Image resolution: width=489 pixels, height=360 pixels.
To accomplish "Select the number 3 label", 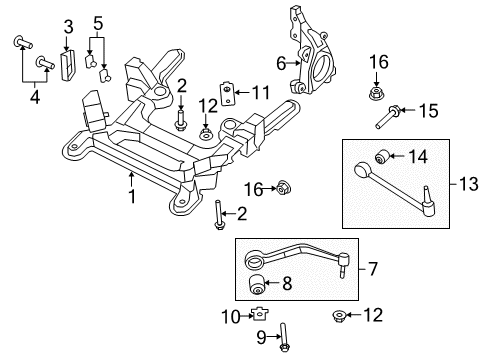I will (68, 25).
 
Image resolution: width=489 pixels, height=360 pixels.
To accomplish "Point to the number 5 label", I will (97, 22).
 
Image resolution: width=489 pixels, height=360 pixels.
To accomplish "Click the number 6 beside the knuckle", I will (281, 61).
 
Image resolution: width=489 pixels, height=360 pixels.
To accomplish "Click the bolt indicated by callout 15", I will (388, 118).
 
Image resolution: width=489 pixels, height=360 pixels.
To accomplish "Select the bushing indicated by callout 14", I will (381, 155).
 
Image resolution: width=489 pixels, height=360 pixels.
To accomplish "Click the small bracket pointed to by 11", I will (230, 95).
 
